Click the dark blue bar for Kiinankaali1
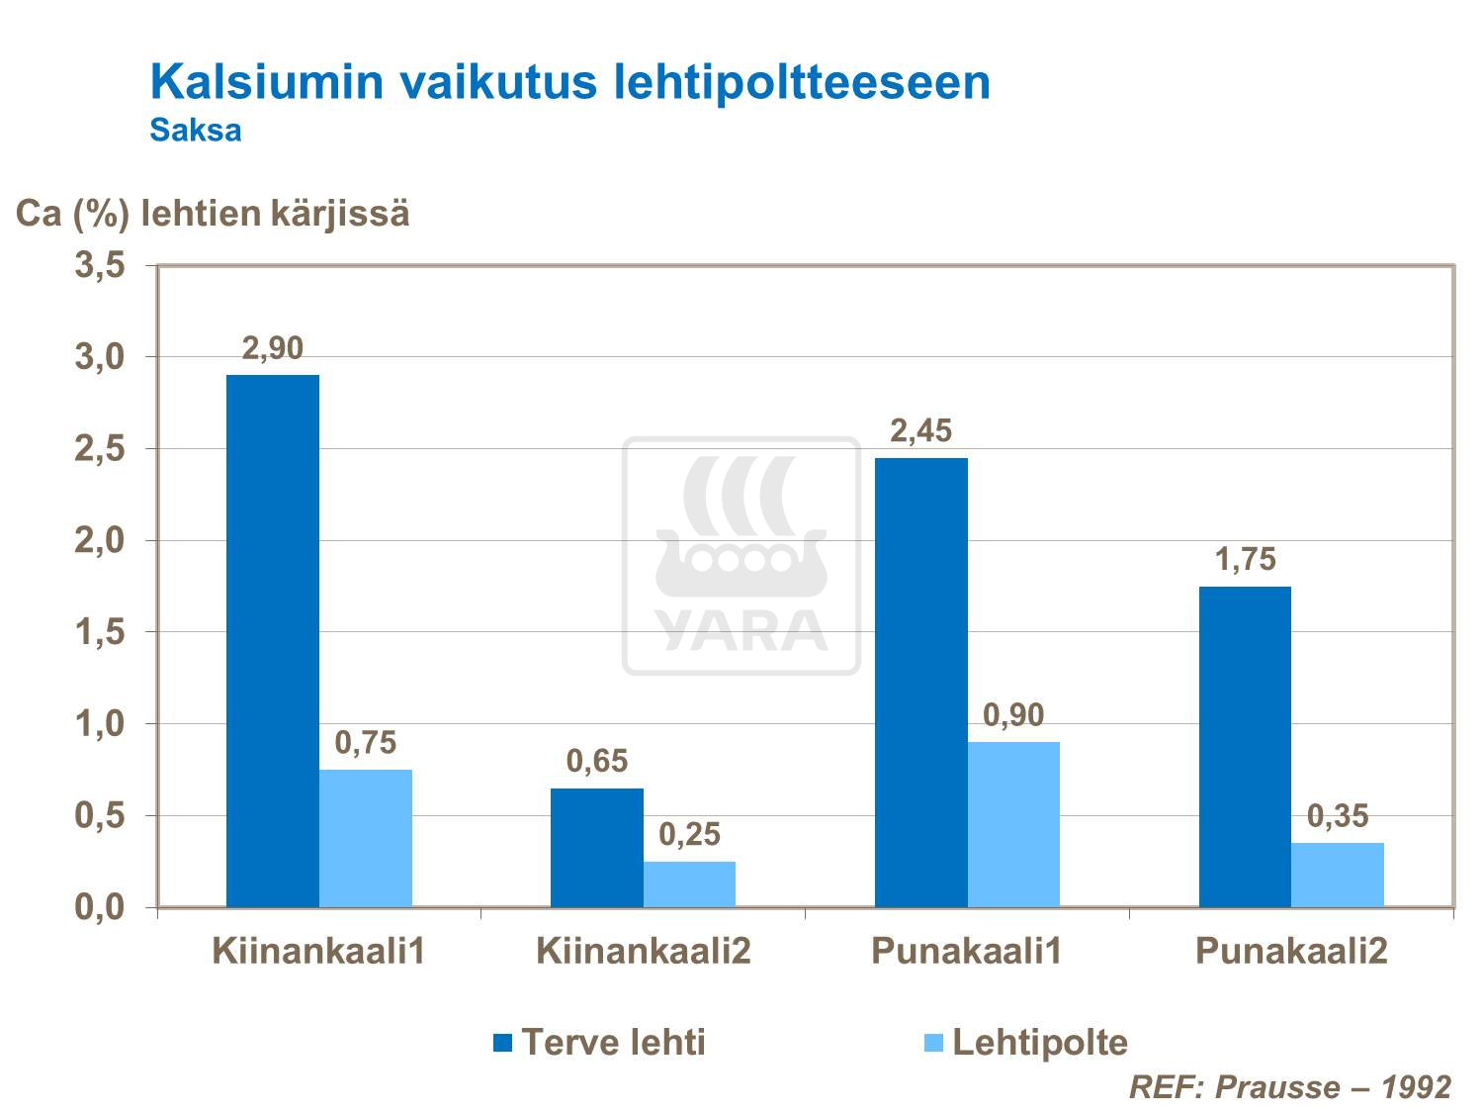click(272, 641)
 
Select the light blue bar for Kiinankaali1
click(365, 838)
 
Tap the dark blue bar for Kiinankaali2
click(596, 848)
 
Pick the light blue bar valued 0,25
click(689, 884)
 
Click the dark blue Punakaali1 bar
click(920, 683)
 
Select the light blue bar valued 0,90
click(1013, 824)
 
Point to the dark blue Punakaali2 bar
click(1245, 747)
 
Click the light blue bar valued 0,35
click(1338, 875)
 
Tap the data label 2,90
click(272, 348)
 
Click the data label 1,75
click(1245, 560)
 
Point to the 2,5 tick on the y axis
click(100, 449)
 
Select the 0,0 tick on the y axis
click(100, 907)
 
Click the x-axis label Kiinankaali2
click(644, 952)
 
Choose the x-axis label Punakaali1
click(967, 952)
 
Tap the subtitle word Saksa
click(196, 131)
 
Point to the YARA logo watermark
click(741, 556)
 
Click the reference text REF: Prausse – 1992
click(1290, 1087)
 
